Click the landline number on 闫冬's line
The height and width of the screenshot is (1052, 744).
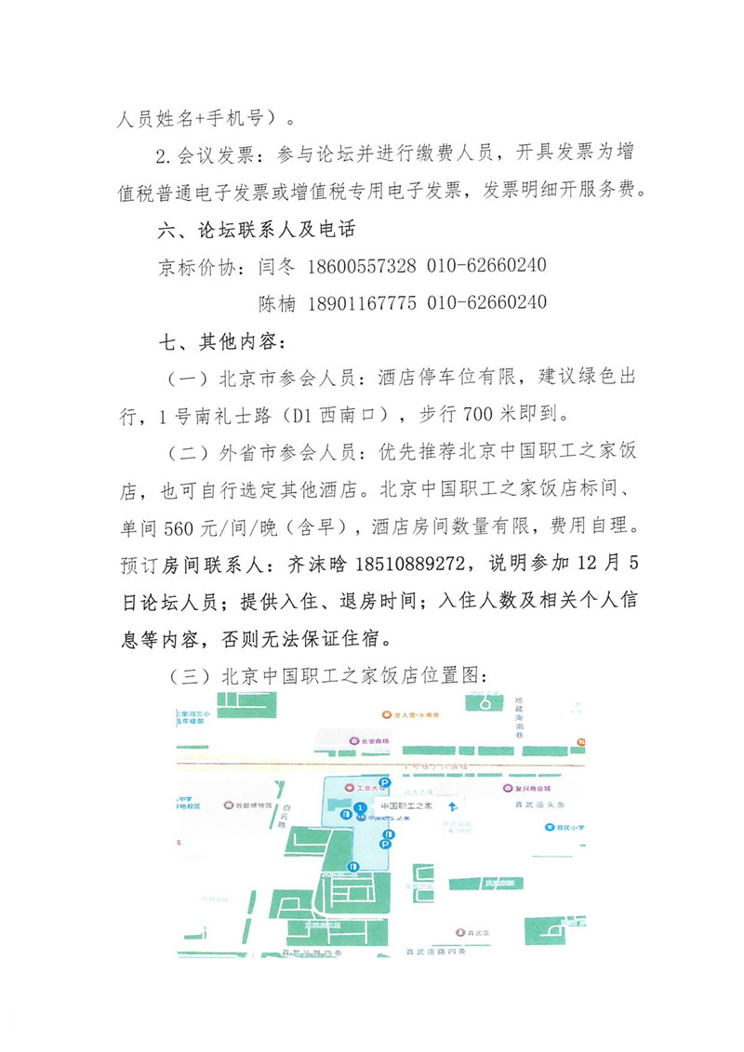tap(486, 266)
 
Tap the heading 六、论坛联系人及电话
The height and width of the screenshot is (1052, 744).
tap(259, 229)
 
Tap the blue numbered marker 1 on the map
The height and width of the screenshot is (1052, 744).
tap(360, 806)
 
